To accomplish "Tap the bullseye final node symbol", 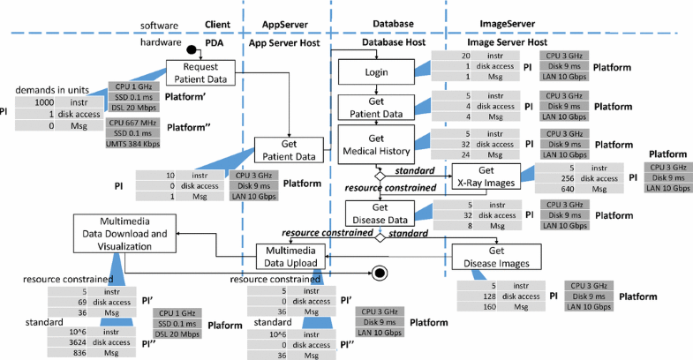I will pyautogui.click(x=381, y=273).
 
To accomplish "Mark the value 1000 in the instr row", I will pyautogui.click(x=34, y=102).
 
